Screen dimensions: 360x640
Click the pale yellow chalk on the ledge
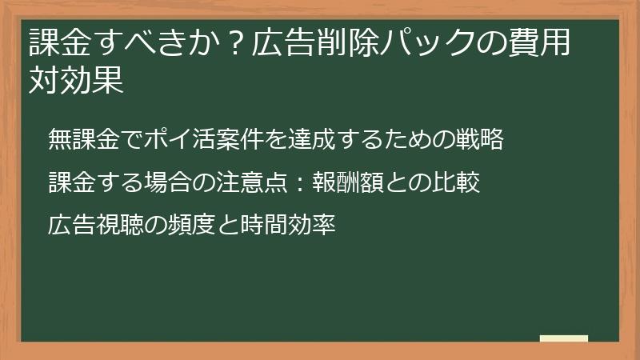tap(563, 338)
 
